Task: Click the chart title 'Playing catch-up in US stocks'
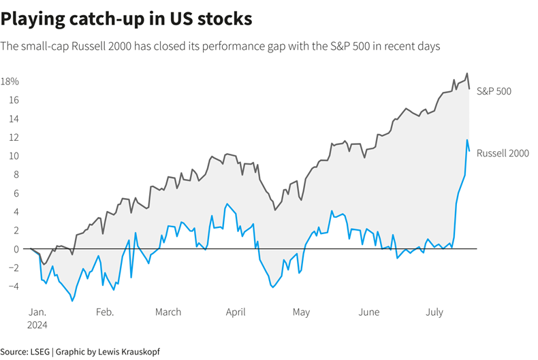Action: (127, 19)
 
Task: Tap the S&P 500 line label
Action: (494, 91)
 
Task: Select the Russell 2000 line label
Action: (503, 153)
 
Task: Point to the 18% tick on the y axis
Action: (10, 82)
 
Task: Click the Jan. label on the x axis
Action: (37, 312)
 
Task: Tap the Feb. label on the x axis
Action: (104, 312)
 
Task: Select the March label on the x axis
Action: (168, 312)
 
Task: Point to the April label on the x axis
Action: (235, 312)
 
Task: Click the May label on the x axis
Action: (301, 312)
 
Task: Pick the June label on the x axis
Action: (368, 312)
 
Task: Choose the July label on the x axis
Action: (434, 312)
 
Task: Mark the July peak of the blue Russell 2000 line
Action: (467, 140)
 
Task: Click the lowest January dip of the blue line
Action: (72, 301)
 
